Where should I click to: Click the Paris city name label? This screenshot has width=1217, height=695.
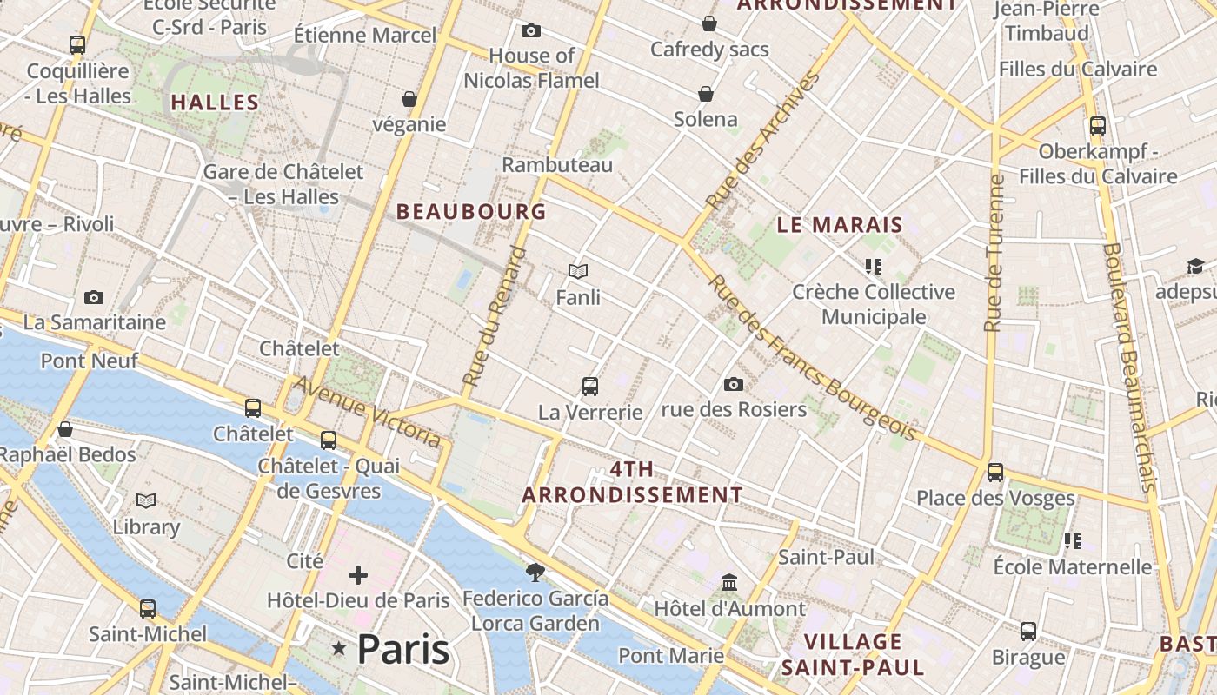click(x=403, y=649)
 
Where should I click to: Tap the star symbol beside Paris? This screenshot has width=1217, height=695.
click(x=339, y=649)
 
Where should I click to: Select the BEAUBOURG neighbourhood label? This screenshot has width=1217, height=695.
click(x=471, y=211)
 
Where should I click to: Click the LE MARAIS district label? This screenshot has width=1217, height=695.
click(x=840, y=225)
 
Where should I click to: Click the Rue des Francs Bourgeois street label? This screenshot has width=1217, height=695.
click(x=811, y=357)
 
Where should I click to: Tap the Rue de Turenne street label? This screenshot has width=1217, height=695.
click(x=994, y=253)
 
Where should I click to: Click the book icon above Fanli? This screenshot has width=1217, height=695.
click(x=578, y=272)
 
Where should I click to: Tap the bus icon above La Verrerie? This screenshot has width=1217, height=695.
click(x=590, y=386)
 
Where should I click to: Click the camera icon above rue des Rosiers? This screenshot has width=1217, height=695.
click(x=734, y=384)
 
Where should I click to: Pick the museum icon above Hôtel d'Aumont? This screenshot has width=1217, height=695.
click(x=729, y=582)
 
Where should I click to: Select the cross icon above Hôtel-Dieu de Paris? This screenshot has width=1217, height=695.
click(x=358, y=575)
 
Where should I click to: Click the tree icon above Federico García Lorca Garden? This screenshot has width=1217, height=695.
click(x=535, y=572)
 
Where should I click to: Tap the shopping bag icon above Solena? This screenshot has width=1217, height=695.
click(x=706, y=94)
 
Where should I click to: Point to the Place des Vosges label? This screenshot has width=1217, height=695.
click(x=995, y=499)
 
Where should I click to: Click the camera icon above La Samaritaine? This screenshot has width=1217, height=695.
click(x=94, y=298)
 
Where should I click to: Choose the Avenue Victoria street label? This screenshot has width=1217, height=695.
click(x=367, y=412)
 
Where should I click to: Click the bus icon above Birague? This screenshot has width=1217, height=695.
click(x=1028, y=632)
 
